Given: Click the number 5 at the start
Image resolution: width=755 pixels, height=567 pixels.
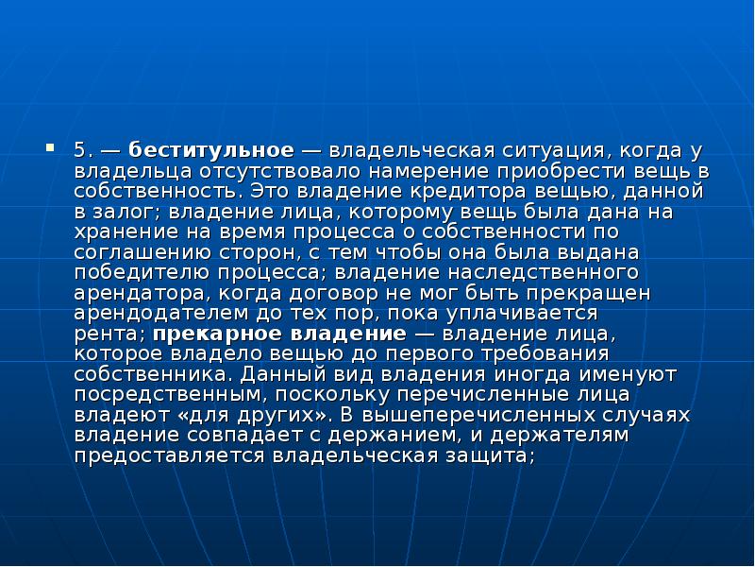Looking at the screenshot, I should click(x=81, y=151).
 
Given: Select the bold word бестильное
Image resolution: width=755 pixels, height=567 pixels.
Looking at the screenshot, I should click(x=211, y=151).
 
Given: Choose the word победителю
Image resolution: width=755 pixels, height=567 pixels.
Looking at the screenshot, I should click(x=134, y=275).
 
